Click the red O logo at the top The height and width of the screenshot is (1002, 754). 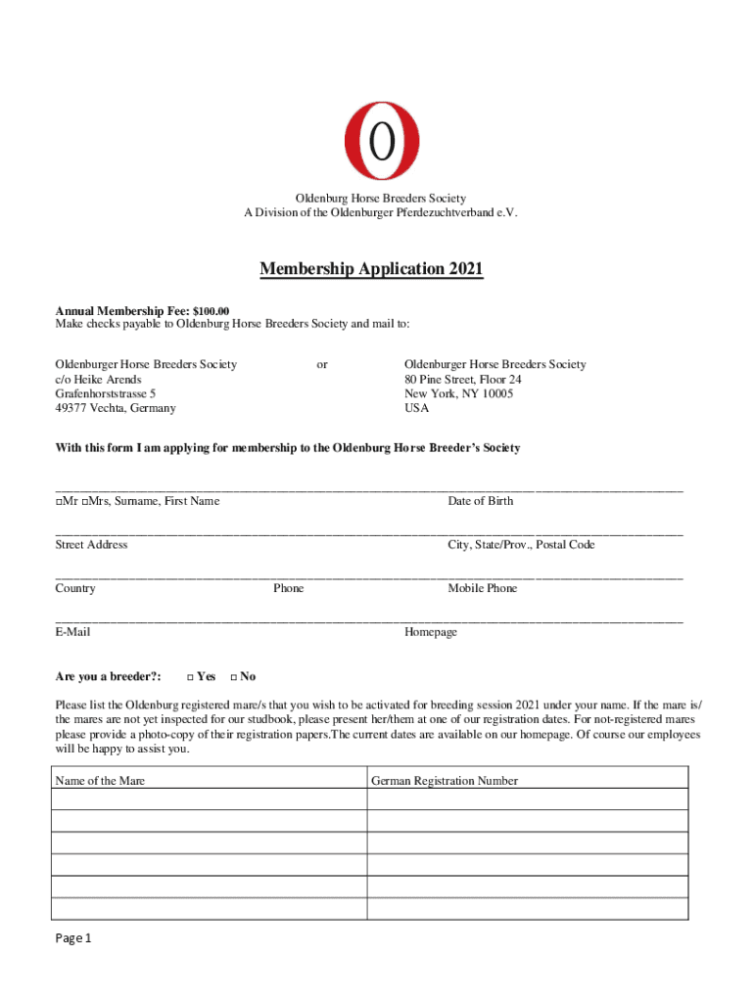[x=381, y=141]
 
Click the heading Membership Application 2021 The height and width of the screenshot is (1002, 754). [x=371, y=269]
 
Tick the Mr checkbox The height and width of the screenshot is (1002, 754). [x=59, y=502]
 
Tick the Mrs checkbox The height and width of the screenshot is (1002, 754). [x=86, y=502]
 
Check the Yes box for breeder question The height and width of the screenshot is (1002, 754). [x=189, y=677]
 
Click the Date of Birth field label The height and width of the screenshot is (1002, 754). [x=480, y=501]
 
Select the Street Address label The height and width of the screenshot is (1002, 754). [x=91, y=545]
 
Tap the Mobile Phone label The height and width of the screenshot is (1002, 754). [x=482, y=589]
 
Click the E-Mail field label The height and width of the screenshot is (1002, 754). [x=72, y=633]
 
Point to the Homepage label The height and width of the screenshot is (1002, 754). [x=430, y=633]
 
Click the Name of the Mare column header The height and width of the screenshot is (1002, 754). [x=100, y=781]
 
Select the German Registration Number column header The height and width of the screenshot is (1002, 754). [x=444, y=781]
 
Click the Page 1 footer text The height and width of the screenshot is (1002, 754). [x=72, y=939]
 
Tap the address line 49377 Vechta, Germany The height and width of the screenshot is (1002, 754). [x=116, y=409]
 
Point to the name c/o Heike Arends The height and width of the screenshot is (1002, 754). [x=98, y=380]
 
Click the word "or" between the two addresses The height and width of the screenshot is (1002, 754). [x=322, y=365]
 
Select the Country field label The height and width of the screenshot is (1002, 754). [x=75, y=589]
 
